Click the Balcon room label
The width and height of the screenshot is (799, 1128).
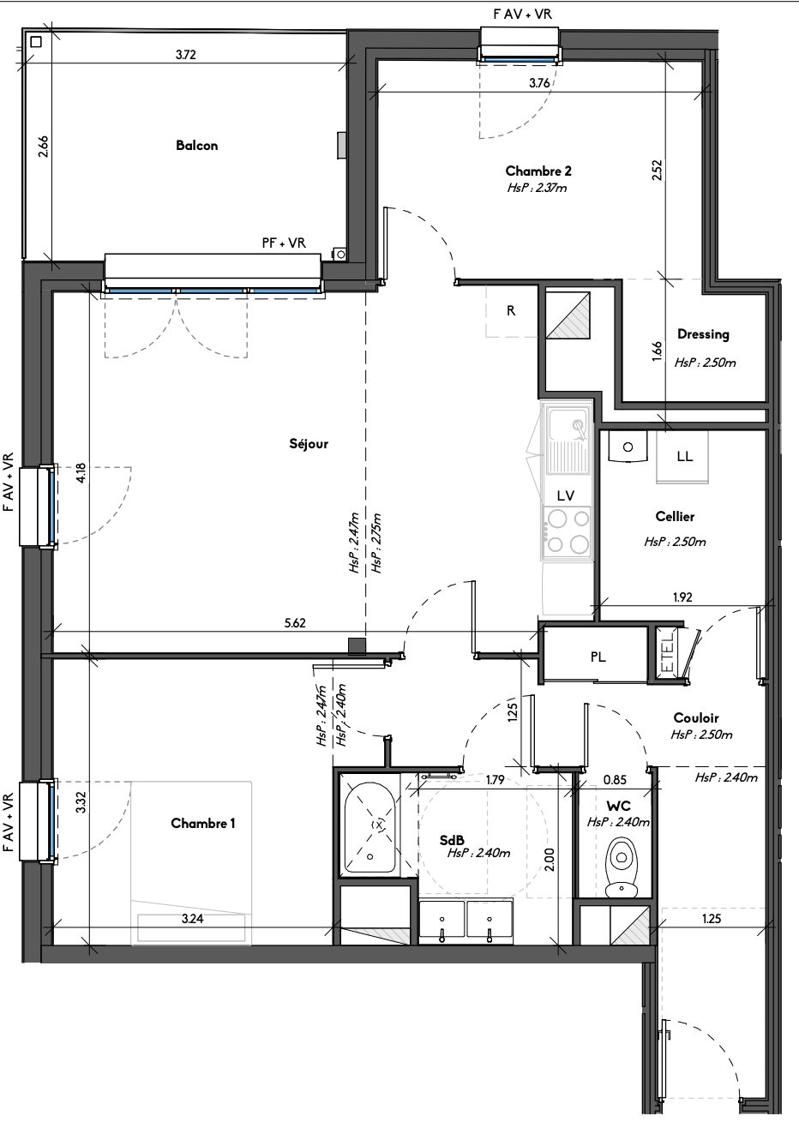click(x=197, y=146)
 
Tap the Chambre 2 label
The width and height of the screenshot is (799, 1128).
click(x=538, y=171)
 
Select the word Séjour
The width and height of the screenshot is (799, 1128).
click(x=309, y=444)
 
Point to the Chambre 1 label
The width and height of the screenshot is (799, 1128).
click(x=202, y=824)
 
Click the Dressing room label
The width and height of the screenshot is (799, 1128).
click(x=703, y=334)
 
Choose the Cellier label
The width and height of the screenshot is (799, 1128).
click(x=675, y=516)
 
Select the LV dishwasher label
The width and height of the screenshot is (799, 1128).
click(x=566, y=496)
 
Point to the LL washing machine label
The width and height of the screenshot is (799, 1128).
click(x=685, y=457)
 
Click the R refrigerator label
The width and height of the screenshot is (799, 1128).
click(x=511, y=310)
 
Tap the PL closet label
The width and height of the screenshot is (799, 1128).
click(x=598, y=657)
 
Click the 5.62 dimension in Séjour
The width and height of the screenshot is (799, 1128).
click(x=295, y=623)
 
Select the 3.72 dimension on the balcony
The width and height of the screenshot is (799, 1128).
click(x=185, y=55)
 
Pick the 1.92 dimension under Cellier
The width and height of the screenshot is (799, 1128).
click(x=682, y=597)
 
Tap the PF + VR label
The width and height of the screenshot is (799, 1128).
click(x=284, y=243)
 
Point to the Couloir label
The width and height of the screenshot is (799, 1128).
click(x=696, y=717)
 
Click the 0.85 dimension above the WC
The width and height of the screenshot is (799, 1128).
click(x=615, y=780)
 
